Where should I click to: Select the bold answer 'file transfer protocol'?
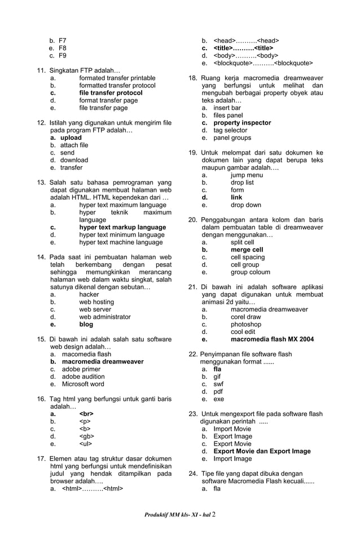pyautogui.click(x=111, y=93)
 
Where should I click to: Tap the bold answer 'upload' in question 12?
pyautogui.click(x=71, y=138)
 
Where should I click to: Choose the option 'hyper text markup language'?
pyautogui.click(x=122, y=228)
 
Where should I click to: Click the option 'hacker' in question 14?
pyautogui.click(x=89, y=294)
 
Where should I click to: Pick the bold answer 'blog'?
pyautogui.click(x=86, y=324)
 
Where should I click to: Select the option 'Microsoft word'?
pyautogui.click(x=83, y=384)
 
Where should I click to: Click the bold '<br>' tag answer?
pyautogui.click(x=86, y=414)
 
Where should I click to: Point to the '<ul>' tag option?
pyautogui.click(x=85, y=444)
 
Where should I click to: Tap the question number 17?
pyautogui.click(x=41, y=459)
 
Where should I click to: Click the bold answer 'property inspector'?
pyautogui.click(x=242, y=123)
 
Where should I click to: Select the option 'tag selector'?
pyautogui.click(x=230, y=130)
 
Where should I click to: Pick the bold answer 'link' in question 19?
pyautogui.click(x=236, y=198)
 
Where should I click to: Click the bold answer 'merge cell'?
pyautogui.click(x=247, y=250)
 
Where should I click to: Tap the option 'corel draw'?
pyautogui.click(x=245, y=317)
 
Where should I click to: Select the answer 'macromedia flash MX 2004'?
pyautogui.click(x=272, y=339)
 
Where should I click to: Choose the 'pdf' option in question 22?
pyautogui.click(x=218, y=391)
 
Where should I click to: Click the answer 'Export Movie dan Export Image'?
pyautogui.click(x=262, y=451)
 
